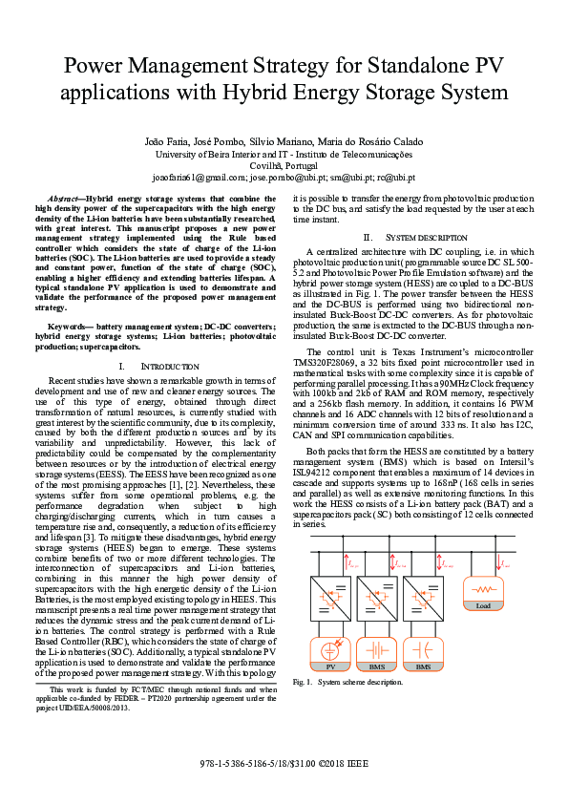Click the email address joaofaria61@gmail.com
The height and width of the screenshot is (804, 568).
coord(199,178)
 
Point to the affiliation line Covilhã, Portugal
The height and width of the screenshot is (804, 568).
coord(284,165)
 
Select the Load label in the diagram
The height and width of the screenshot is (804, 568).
coord(483,605)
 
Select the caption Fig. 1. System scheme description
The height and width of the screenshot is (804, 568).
coord(347,682)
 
